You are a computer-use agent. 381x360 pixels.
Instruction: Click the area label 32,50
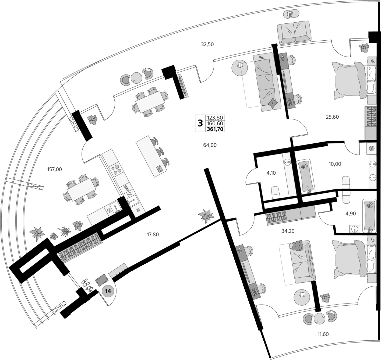(x=207, y=44)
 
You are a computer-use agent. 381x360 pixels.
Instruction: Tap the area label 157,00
(x=54, y=170)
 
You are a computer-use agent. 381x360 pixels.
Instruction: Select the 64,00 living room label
(x=210, y=145)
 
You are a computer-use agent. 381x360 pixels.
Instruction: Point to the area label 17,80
(x=153, y=235)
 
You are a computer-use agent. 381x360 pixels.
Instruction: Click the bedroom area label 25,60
(x=332, y=117)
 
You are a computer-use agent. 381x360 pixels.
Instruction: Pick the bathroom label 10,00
(x=335, y=164)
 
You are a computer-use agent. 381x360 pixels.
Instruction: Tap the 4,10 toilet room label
(x=271, y=173)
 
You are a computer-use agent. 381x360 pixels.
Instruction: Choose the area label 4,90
(x=351, y=214)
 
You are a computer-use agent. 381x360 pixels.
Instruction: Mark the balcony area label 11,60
(x=323, y=334)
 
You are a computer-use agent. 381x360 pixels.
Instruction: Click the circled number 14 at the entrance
(x=108, y=291)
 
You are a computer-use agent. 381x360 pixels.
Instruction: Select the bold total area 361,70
(x=215, y=129)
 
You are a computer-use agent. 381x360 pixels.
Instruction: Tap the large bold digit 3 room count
(x=200, y=123)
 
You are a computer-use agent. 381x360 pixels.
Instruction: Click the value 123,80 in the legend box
(x=215, y=118)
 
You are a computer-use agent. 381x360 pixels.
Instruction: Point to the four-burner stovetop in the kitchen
(x=116, y=170)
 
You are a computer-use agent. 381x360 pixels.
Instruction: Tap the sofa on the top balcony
(x=295, y=32)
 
